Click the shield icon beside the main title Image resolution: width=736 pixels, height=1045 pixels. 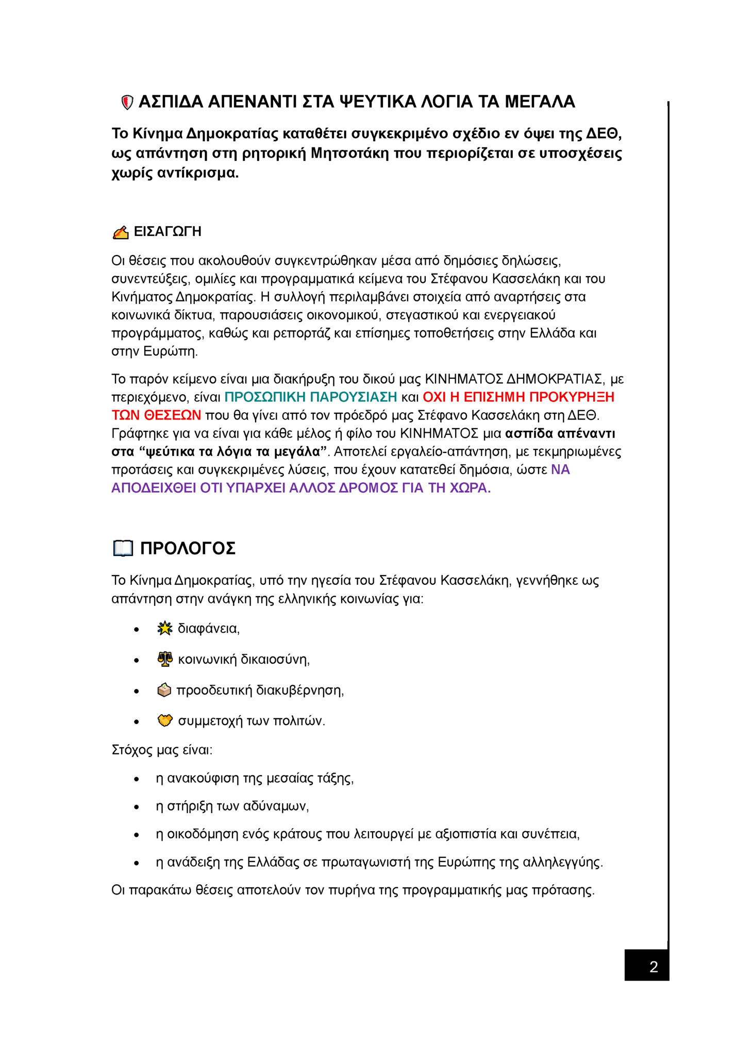(127, 103)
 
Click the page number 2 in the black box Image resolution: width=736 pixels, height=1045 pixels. (653, 967)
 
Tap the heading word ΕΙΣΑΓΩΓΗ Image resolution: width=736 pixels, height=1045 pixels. (168, 232)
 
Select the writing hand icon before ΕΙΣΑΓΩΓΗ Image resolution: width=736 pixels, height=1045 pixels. (121, 233)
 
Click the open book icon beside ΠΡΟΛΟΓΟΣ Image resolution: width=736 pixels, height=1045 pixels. (123, 548)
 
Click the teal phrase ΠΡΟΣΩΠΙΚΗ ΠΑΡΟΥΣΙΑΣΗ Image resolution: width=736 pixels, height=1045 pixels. (311, 397)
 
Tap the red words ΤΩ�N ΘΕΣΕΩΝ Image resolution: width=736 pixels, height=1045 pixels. (156, 415)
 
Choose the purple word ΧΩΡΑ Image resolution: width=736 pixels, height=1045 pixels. (470, 488)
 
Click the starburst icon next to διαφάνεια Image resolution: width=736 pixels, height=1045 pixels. (164, 629)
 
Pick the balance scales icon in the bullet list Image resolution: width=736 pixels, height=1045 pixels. (165, 659)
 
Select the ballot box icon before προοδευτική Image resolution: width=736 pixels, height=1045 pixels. (164, 690)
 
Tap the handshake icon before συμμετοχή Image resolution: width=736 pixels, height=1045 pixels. (165, 720)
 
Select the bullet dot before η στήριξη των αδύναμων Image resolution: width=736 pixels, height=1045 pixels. (137, 807)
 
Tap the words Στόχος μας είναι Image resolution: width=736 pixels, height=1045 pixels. (161, 750)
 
